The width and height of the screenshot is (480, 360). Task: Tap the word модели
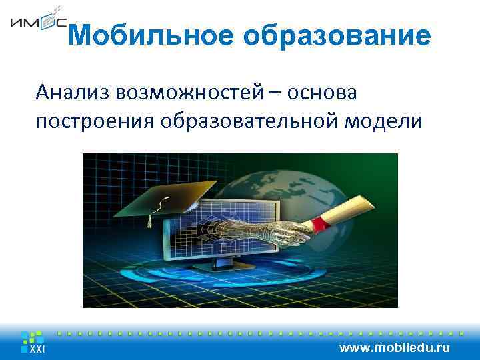[385, 121]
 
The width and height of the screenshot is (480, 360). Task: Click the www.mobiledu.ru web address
[395, 348]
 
